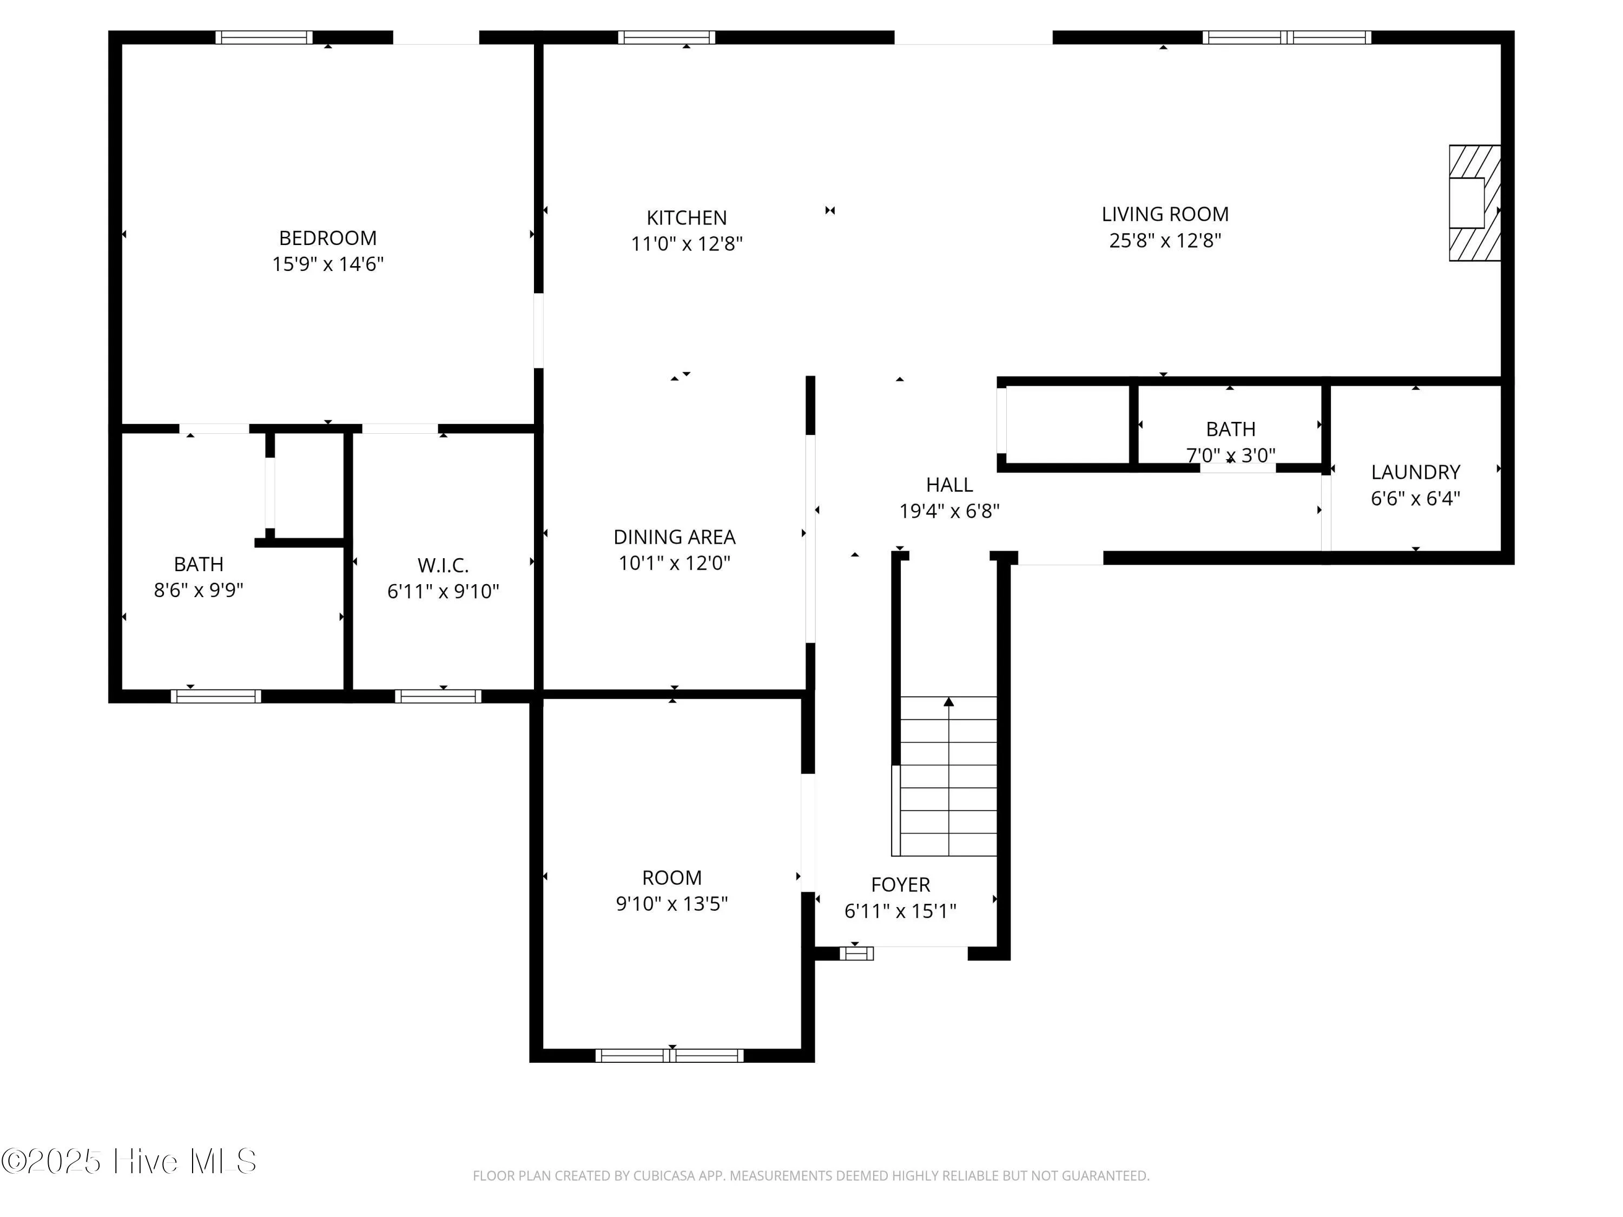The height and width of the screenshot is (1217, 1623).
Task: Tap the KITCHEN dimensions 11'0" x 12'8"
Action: pyautogui.click(x=687, y=243)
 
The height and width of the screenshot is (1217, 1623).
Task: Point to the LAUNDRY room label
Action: pyautogui.click(x=1415, y=472)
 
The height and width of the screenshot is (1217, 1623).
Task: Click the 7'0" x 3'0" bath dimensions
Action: pyautogui.click(x=1230, y=455)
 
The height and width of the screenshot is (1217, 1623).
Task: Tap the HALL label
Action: pyautogui.click(x=949, y=485)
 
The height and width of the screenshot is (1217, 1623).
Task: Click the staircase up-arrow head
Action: pyautogui.click(x=949, y=702)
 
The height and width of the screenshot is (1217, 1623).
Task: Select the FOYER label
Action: pyautogui.click(x=900, y=885)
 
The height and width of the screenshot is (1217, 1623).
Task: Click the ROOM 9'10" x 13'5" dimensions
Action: pyautogui.click(x=671, y=904)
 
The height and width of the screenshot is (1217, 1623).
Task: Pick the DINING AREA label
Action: pyautogui.click(x=674, y=537)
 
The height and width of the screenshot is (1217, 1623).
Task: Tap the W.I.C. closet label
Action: pyautogui.click(x=443, y=566)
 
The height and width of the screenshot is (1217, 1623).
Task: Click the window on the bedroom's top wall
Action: pyautogui.click(x=264, y=37)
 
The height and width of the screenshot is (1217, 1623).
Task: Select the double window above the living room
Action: pyautogui.click(x=1286, y=37)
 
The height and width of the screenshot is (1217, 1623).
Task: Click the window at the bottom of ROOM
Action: pyautogui.click(x=669, y=1056)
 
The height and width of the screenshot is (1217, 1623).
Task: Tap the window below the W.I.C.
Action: pyautogui.click(x=438, y=696)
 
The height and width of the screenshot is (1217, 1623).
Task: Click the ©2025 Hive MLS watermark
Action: pyautogui.click(x=129, y=1161)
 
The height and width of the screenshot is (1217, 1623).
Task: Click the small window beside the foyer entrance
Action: pyautogui.click(x=856, y=953)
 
